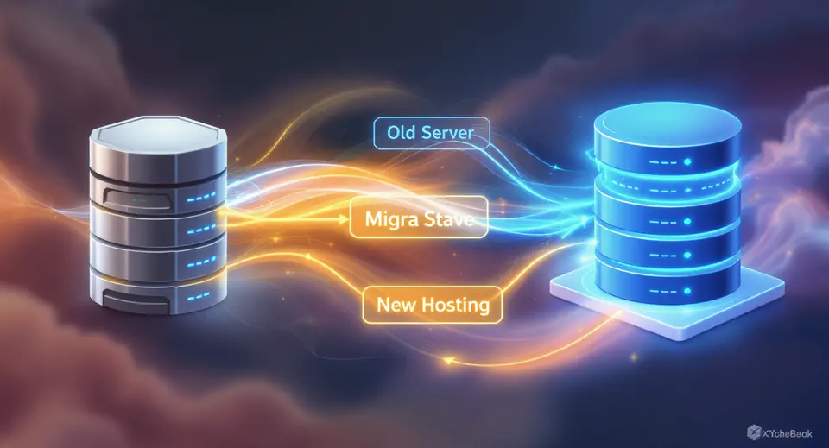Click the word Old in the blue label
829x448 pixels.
400,132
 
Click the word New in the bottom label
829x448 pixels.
396,305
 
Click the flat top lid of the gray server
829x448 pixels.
158,130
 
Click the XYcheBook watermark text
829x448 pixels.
788,433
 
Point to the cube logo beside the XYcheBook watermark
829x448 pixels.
754,432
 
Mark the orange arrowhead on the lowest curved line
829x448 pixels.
448,361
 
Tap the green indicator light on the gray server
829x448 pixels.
135,200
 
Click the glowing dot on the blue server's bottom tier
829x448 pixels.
687,291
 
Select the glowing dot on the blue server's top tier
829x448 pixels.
687,161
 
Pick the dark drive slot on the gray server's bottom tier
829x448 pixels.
138,301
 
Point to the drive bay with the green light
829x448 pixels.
138,199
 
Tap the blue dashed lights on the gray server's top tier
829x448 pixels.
201,198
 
